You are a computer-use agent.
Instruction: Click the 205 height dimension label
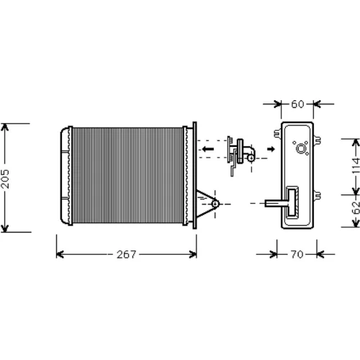[5, 179]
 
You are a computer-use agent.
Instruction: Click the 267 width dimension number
[127, 254]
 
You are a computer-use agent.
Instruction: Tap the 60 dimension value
[297, 104]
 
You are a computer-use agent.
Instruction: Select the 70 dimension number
[297, 254]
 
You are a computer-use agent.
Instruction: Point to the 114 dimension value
[356, 166]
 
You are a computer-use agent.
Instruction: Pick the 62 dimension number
[356, 207]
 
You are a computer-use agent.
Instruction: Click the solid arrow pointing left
[208, 149]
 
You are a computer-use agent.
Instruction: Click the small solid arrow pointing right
[271, 149]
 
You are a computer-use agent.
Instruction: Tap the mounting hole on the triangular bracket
[215, 204]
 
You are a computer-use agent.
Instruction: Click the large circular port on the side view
[301, 149]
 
